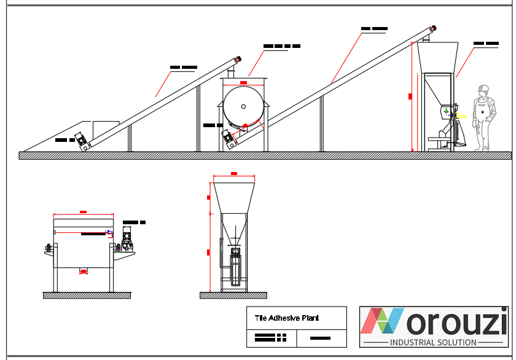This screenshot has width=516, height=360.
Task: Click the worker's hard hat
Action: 483,88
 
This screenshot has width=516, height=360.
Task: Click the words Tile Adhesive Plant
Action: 287,318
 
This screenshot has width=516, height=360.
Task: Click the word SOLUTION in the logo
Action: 455,342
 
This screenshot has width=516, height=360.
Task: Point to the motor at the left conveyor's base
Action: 82,141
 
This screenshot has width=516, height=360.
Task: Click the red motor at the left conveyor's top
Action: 237,60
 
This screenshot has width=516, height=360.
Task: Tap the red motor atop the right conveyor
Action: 433,28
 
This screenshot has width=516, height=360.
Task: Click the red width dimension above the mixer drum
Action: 243,82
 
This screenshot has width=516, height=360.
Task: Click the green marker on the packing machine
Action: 447,111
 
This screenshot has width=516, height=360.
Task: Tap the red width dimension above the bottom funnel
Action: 233,174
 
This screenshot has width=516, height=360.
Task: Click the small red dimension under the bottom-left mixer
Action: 84,271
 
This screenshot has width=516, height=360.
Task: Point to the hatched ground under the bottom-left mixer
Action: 87,295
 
